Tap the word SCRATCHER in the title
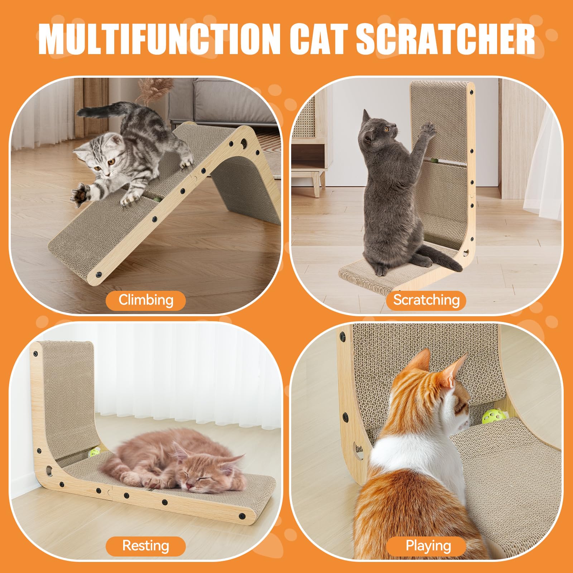(446, 39)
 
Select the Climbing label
(146, 300)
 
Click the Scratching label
(426, 300)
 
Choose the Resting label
(146, 546)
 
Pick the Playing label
(426, 546)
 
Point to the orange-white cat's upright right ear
(456, 369)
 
